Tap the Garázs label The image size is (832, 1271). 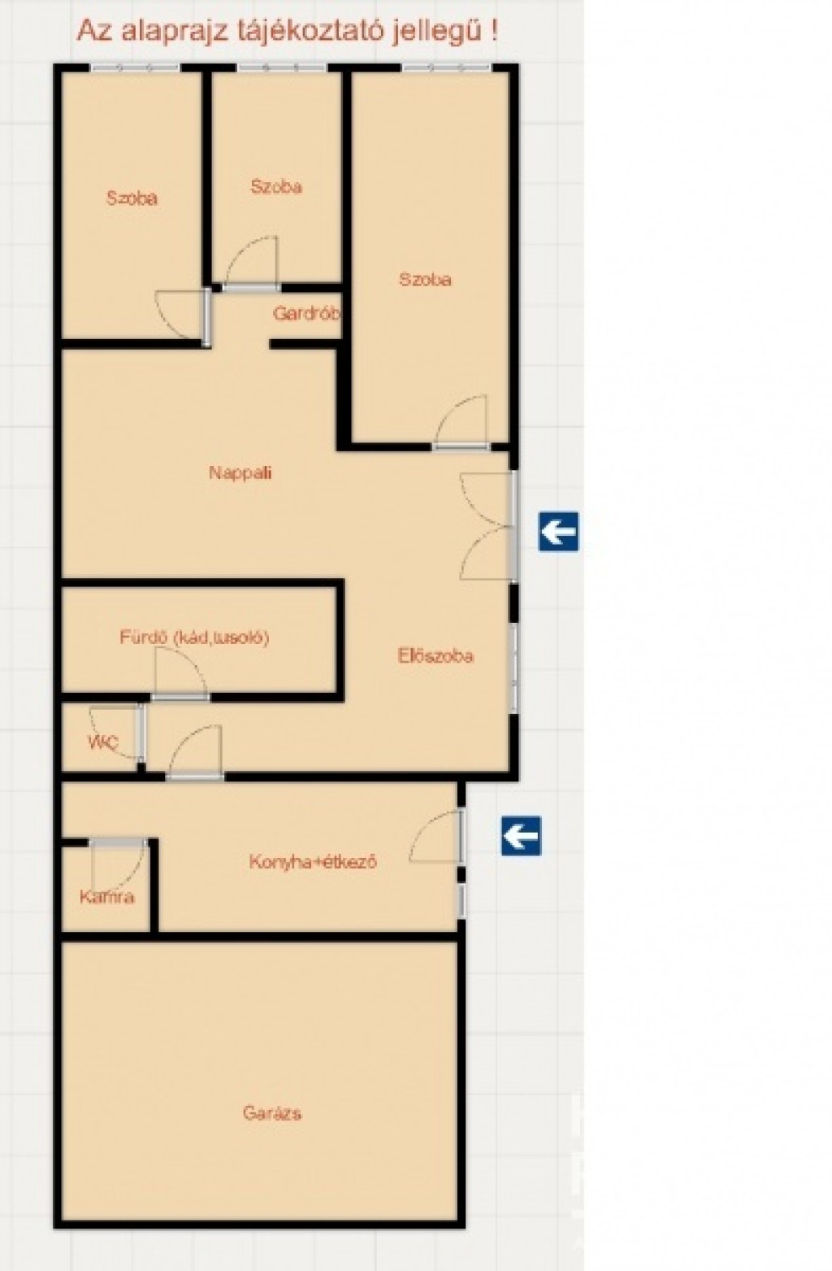click(272, 1113)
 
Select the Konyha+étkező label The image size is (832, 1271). click(314, 862)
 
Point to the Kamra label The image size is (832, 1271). click(107, 897)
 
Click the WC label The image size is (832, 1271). click(102, 742)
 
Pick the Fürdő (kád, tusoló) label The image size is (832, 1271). click(194, 638)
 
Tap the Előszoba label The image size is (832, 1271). click(435, 656)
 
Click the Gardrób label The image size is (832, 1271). click(306, 313)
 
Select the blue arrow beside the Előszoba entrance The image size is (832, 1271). click(558, 532)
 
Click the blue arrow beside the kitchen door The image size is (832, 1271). click(521, 836)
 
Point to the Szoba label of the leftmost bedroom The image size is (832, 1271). click(132, 198)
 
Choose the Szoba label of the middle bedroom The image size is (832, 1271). click(276, 187)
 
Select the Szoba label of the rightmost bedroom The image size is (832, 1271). click(425, 280)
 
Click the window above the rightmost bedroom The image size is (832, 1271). click(447, 68)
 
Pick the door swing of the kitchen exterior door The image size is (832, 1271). click(422, 828)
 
